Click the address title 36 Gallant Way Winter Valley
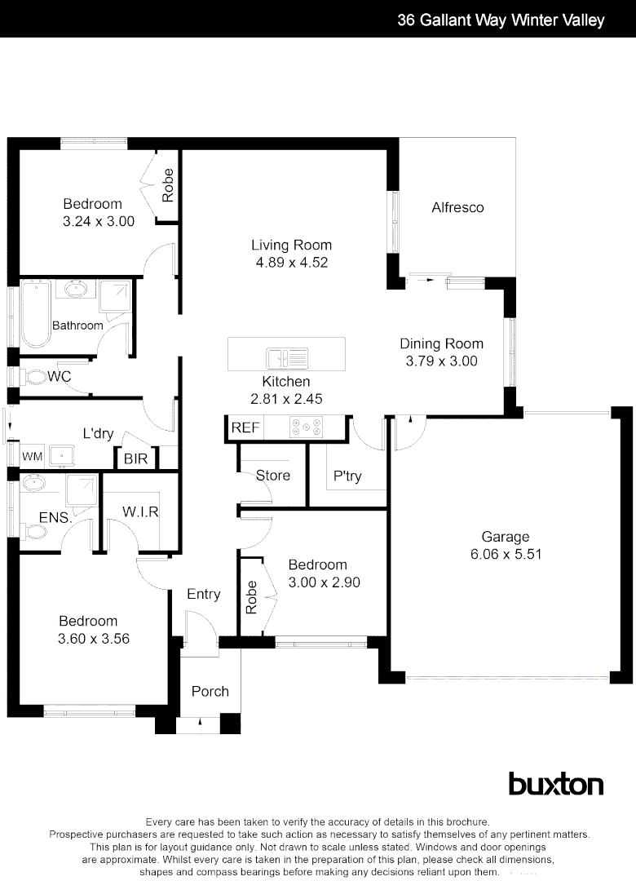[x=501, y=20]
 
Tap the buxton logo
[x=556, y=784]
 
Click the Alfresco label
[x=457, y=207]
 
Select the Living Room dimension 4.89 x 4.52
[x=291, y=263]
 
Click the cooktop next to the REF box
[x=307, y=426]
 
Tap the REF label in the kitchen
[x=245, y=427]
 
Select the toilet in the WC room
[x=33, y=378]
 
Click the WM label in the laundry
[x=32, y=457]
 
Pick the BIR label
[x=136, y=459]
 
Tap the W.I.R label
[x=140, y=511]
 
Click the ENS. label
[x=55, y=517]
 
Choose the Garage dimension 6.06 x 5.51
[x=506, y=554]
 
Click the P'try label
[x=347, y=476]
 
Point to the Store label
[x=273, y=475]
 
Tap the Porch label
[x=210, y=691]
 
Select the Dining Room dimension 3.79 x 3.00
[x=441, y=361]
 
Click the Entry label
[x=204, y=594]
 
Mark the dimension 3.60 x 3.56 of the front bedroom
[x=93, y=639]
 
